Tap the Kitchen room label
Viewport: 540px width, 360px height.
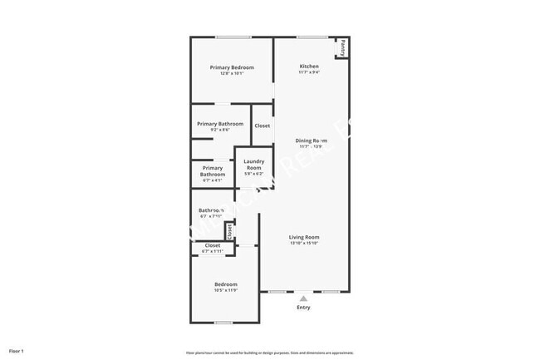pos(309,67)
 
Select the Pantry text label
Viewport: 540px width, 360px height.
pos(342,48)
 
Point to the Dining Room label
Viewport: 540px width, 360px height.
pos(312,141)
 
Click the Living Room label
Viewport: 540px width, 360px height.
pos(304,237)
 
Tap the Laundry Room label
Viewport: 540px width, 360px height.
pos(253,164)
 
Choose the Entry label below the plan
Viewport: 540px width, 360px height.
pos(303,308)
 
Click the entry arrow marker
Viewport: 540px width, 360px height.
pos(303,297)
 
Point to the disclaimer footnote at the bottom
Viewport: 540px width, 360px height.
pos(269,353)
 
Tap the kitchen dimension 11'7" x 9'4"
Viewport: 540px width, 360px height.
pos(309,72)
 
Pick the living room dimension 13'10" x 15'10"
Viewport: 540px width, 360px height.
pos(304,243)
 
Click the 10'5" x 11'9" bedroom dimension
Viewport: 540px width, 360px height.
pos(226,290)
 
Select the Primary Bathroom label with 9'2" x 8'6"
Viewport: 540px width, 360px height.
pos(220,124)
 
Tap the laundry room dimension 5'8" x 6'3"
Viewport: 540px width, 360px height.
pos(253,174)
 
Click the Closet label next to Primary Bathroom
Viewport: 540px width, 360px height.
pos(262,126)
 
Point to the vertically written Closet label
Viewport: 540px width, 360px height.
pos(230,232)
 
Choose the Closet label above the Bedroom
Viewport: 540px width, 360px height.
pos(213,245)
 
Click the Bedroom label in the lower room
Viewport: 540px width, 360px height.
pos(226,284)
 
